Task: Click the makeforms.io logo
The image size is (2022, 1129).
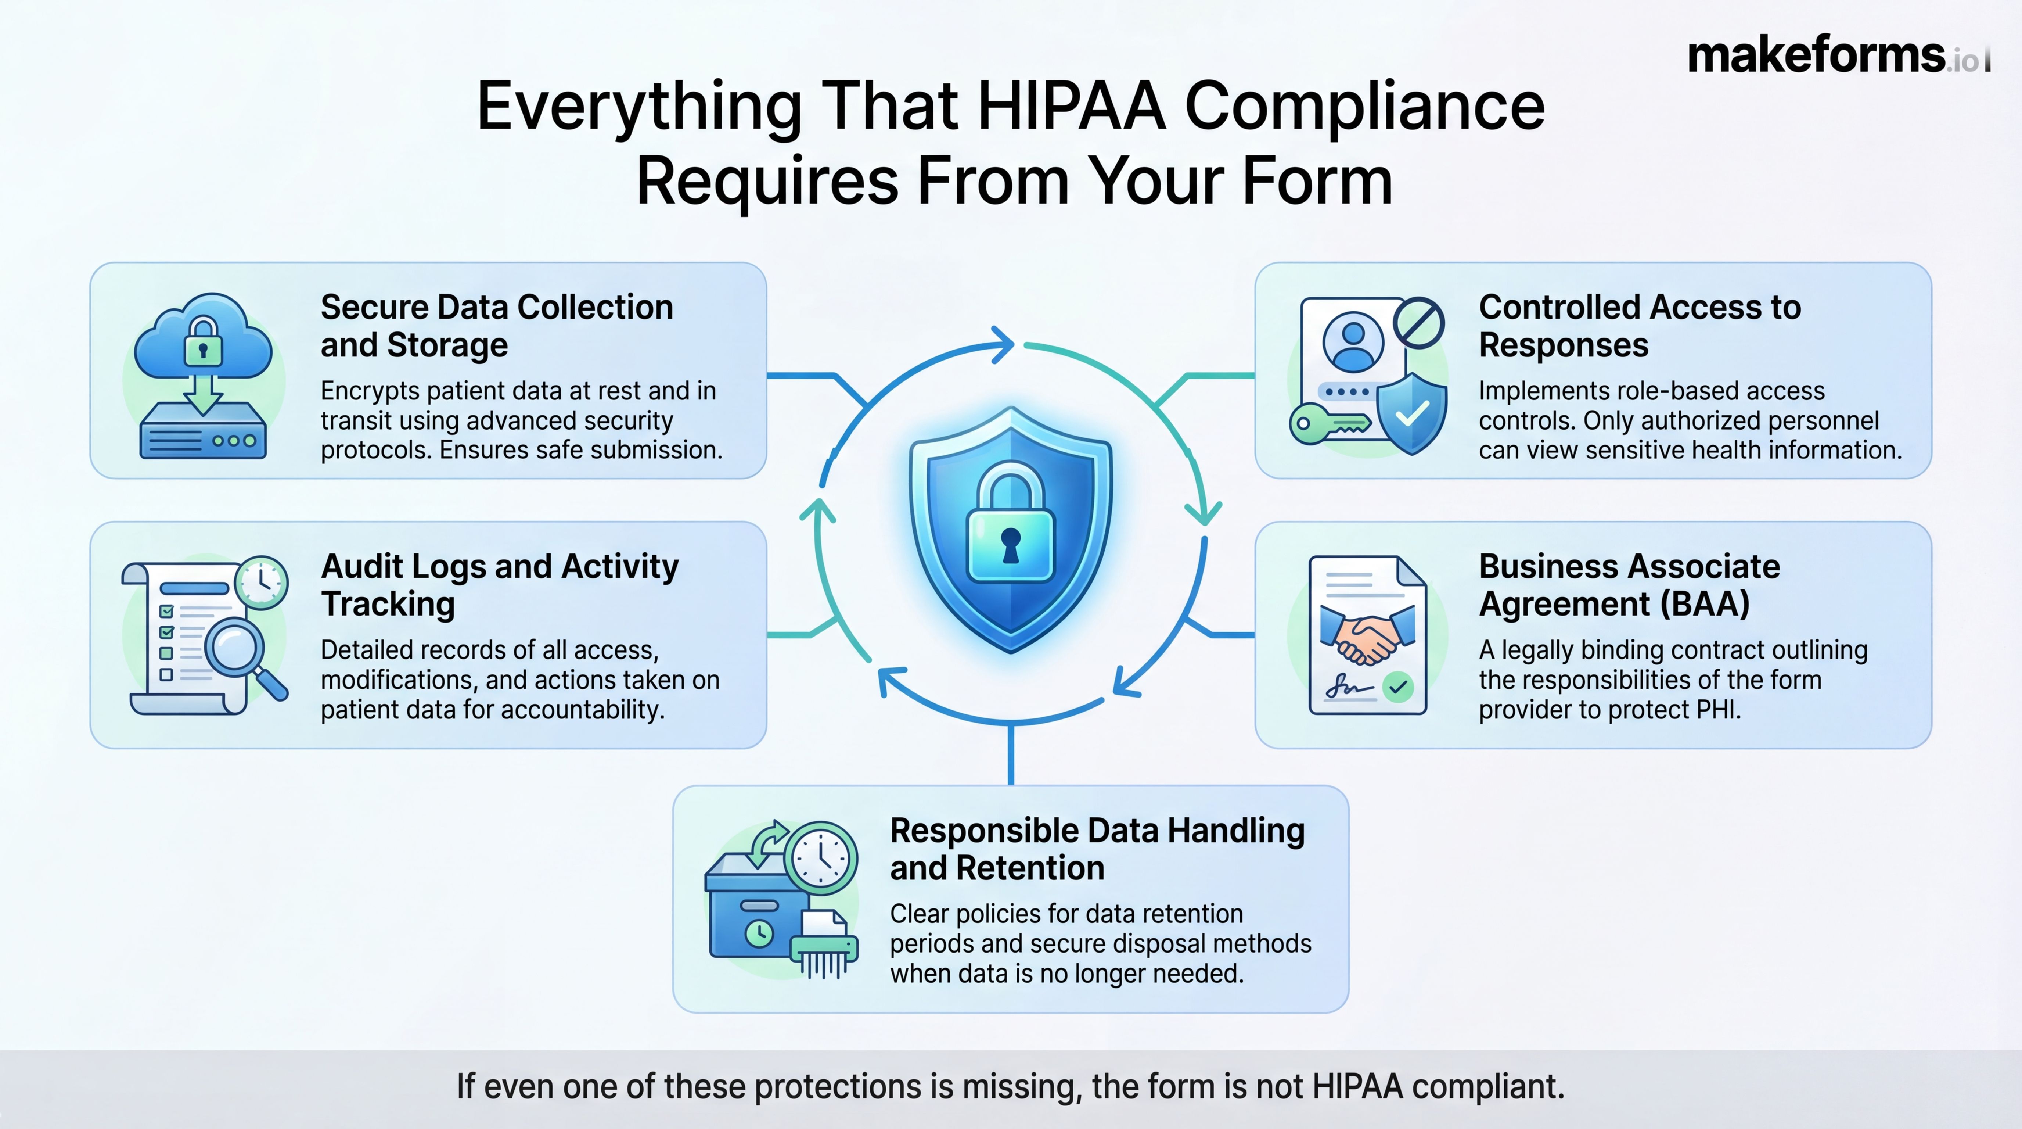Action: coord(1837,55)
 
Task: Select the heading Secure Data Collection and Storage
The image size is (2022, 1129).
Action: coord(496,326)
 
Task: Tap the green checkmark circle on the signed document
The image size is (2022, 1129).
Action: coord(1397,687)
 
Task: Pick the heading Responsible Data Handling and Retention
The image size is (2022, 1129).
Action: coord(1097,849)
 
